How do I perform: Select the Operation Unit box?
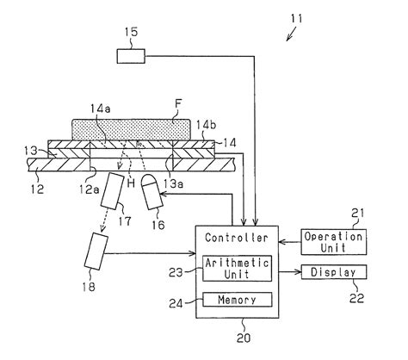point(333,240)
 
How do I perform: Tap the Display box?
point(333,273)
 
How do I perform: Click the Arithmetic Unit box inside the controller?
point(237,268)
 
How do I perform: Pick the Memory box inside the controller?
point(237,300)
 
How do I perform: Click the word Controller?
point(237,236)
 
